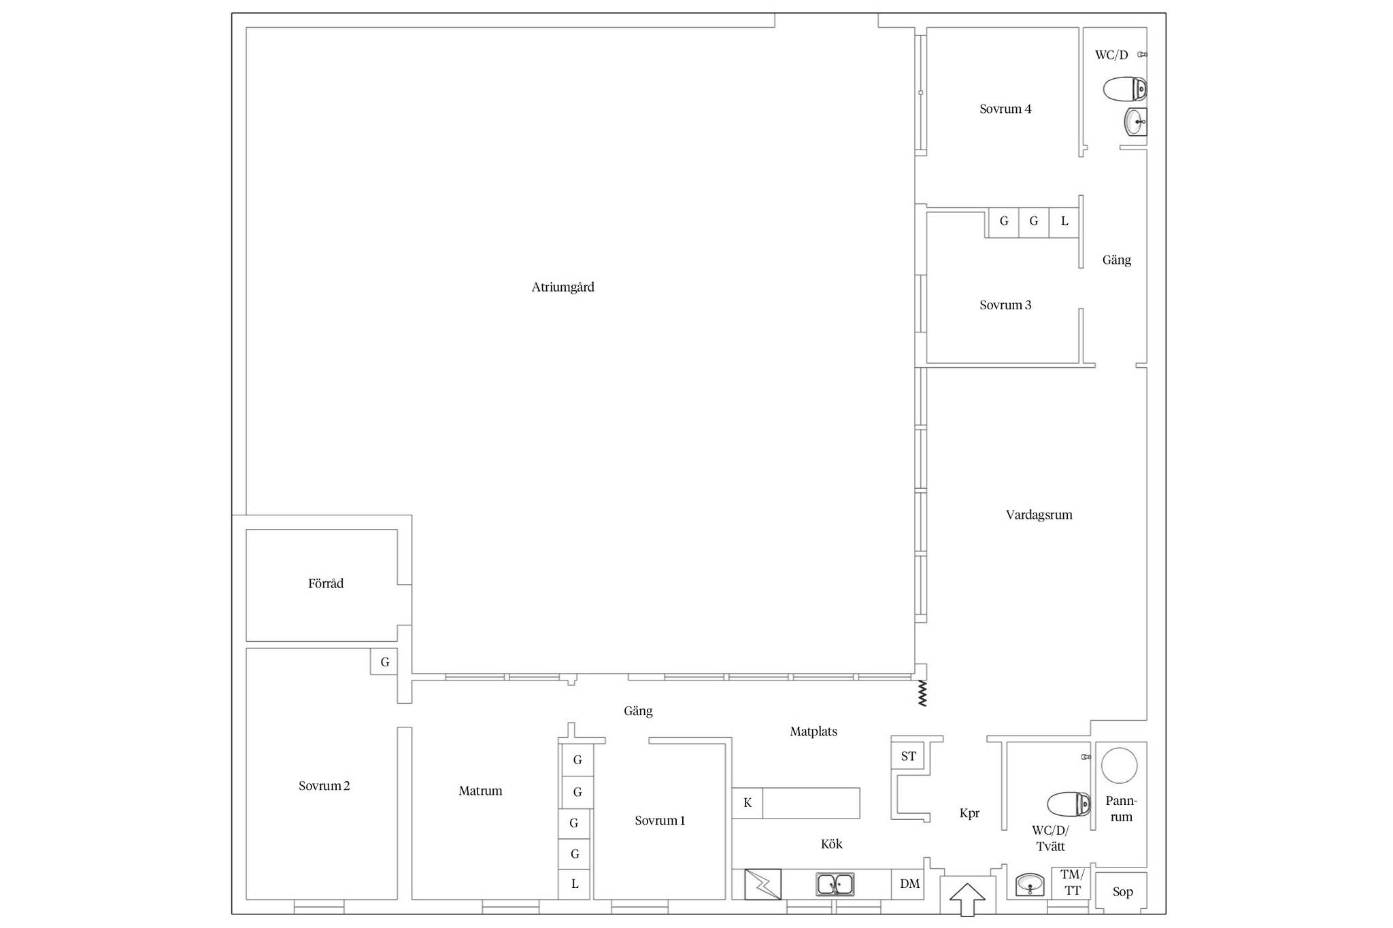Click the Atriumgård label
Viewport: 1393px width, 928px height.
click(x=563, y=288)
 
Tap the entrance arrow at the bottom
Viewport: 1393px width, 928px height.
click(x=967, y=899)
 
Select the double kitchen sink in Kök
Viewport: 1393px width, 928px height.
click(x=835, y=884)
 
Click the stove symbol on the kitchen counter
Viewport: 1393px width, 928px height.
click(x=762, y=884)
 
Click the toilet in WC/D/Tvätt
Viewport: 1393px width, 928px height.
click(x=1069, y=804)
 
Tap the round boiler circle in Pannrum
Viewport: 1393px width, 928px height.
click(x=1119, y=765)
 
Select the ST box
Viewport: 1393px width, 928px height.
click(x=908, y=756)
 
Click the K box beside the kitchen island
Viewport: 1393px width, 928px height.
click(x=748, y=803)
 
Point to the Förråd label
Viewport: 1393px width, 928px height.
click(x=326, y=583)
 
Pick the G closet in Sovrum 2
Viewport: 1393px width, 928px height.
click(x=384, y=661)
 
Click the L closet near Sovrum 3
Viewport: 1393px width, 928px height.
click(x=1064, y=222)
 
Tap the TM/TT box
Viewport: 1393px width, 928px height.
click(x=1072, y=883)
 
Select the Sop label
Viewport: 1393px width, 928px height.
click(x=1122, y=892)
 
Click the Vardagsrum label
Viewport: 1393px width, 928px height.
click(x=1039, y=515)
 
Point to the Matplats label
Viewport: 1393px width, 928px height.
click(x=813, y=732)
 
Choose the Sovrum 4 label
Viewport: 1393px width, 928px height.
click(x=1005, y=109)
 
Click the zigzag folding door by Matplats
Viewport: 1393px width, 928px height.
click(x=922, y=693)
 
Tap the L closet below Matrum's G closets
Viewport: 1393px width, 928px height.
click(x=575, y=884)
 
